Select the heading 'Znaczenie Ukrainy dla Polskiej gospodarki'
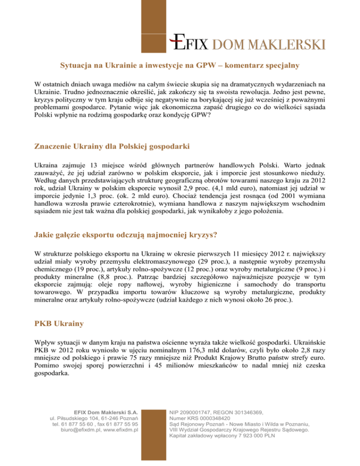[112, 147]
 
